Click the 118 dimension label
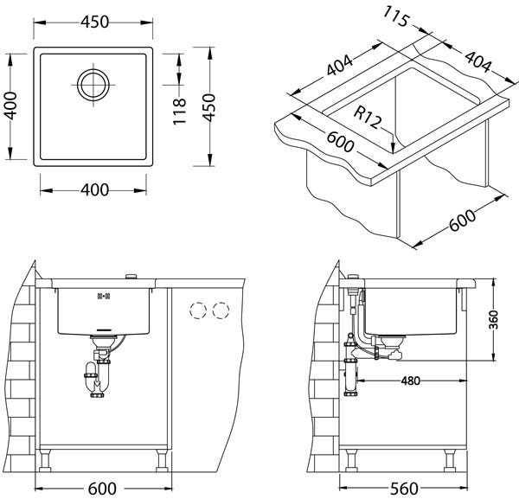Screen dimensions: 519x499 (180, 112)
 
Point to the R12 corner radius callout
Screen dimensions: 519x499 (367, 118)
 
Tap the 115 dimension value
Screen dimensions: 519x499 (396, 16)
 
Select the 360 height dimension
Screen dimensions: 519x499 (494, 320)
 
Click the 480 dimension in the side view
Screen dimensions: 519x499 (410, 381)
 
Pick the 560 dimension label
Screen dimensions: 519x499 (404, 489)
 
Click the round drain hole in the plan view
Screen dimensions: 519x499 (93, 85)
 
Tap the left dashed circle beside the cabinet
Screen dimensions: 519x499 (198, 310)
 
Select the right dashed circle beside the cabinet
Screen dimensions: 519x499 (221, 310)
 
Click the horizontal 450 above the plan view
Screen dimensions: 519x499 (94, 22)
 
